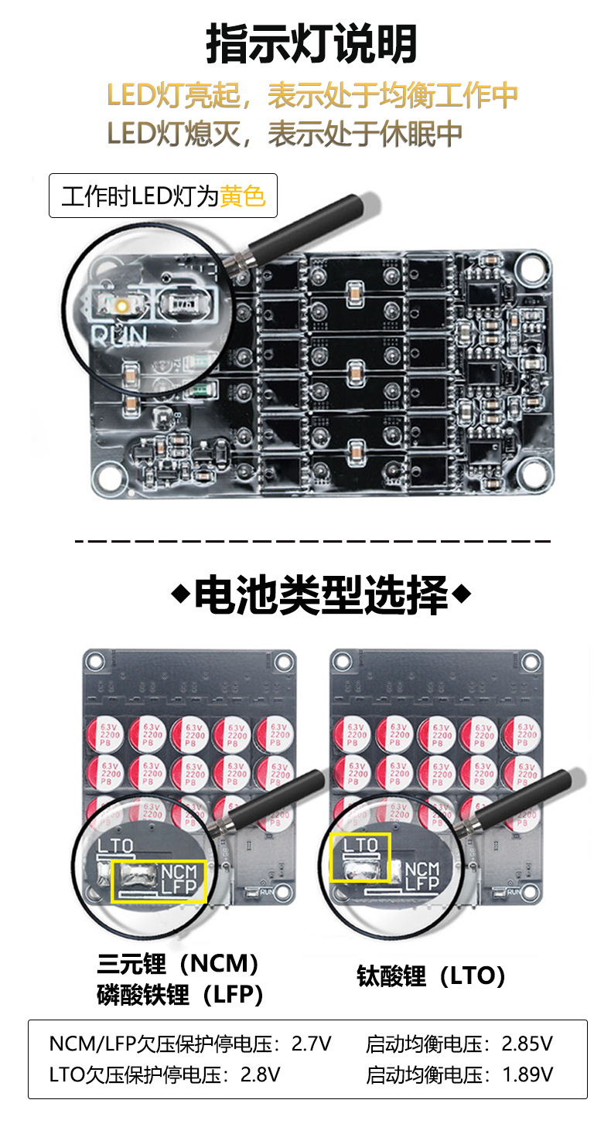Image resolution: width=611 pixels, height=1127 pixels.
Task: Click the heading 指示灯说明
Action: click(x=311, y=43)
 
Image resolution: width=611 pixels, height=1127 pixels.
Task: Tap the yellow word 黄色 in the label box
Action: click(x=242, y=196)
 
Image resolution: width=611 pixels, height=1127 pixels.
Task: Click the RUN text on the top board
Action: click(x=118, y=335)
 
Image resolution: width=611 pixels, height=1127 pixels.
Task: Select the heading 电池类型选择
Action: click(x=320, y=595)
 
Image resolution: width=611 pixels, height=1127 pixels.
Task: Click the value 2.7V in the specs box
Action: click(x=311, y=1044)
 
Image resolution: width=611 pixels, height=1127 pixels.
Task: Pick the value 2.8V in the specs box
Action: click(x=261, y=1074)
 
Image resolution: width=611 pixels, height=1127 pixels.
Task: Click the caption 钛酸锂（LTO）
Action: click(x=431, y=976)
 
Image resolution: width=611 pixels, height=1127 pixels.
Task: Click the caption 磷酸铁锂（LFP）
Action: click(x=180, y=994)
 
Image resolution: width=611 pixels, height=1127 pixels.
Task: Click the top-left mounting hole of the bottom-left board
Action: click(x=95, y=662)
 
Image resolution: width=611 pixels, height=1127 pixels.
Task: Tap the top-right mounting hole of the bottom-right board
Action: click(x=531, y=662)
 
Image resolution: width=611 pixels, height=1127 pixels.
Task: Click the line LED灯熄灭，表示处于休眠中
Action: click(x=285, y=134)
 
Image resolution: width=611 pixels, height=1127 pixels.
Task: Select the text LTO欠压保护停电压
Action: click(x=139, y=1074)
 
